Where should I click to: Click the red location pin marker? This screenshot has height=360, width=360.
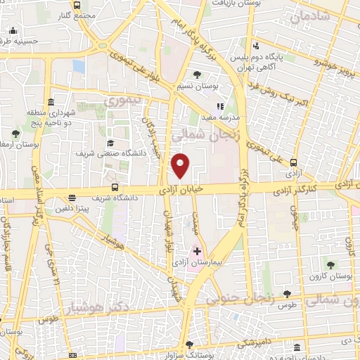click(x=181, y=165)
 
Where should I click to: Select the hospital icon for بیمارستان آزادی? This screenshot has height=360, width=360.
click(x=197, y=250)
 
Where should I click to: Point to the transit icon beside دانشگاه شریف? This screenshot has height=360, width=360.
click(x=115, y=187)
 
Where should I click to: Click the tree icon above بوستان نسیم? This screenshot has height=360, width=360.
click(x=198, y=74)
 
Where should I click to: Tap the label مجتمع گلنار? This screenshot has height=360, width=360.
click(x=78, y=15)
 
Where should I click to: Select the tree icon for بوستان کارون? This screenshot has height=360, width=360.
click(x=330, y=265)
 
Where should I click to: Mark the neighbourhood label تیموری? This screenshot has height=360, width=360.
click(x=123, y=102)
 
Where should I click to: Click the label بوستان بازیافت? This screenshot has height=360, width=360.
click(x=234, y=4)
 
